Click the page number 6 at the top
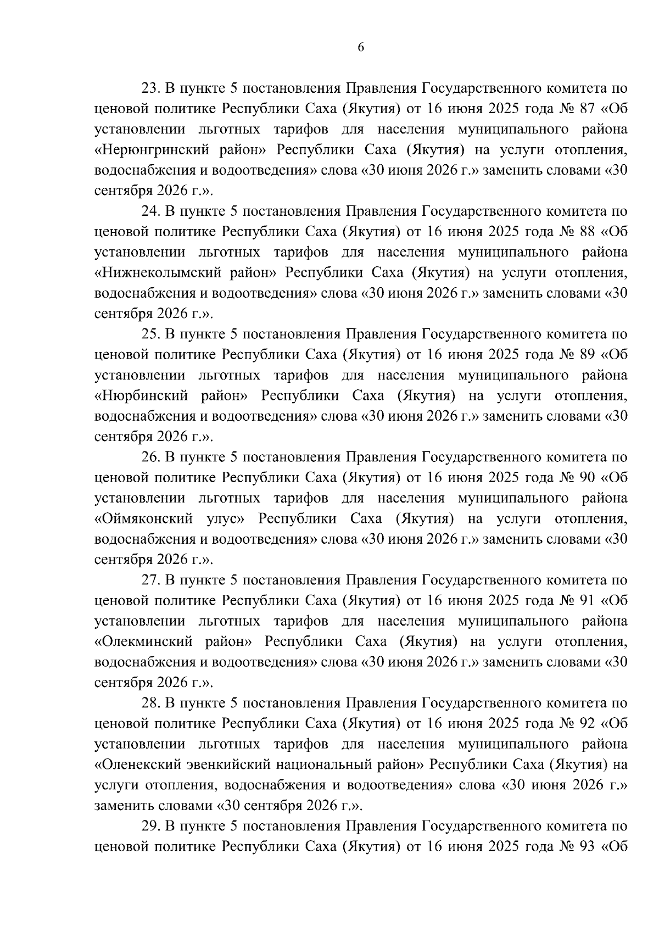[361, 47]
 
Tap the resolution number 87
[588, 109]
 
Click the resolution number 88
[588, 232]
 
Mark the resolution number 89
[588, 355]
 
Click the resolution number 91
[588, 601]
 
